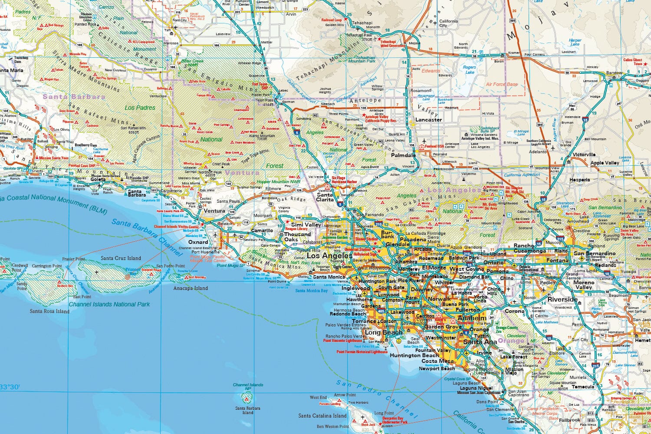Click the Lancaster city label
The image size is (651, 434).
[x=428, y=120]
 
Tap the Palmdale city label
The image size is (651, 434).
[x=403, y=155]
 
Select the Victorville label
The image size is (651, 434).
[x=584, y=155]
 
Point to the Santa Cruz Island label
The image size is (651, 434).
[x=121, y=258]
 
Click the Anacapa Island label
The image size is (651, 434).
[x=191, y=288]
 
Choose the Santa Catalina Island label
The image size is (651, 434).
[x=322, y=416]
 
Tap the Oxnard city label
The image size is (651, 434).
[x=198, y=242]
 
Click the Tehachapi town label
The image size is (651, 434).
[x=362, y=23]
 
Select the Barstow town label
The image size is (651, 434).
[x=614, y=73]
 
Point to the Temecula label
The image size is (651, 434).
[x=582, y=387]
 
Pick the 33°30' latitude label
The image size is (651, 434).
[x=10, y=387]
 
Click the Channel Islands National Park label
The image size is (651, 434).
[x=109, y=304]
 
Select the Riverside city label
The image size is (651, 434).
[x=562, y=299]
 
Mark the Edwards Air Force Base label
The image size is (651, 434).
[x=502, y=84]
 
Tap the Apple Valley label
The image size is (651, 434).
[x=605, y=163]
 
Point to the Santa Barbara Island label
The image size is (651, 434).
[x=248, y=410]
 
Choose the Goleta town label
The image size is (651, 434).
[x=98, y=179]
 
